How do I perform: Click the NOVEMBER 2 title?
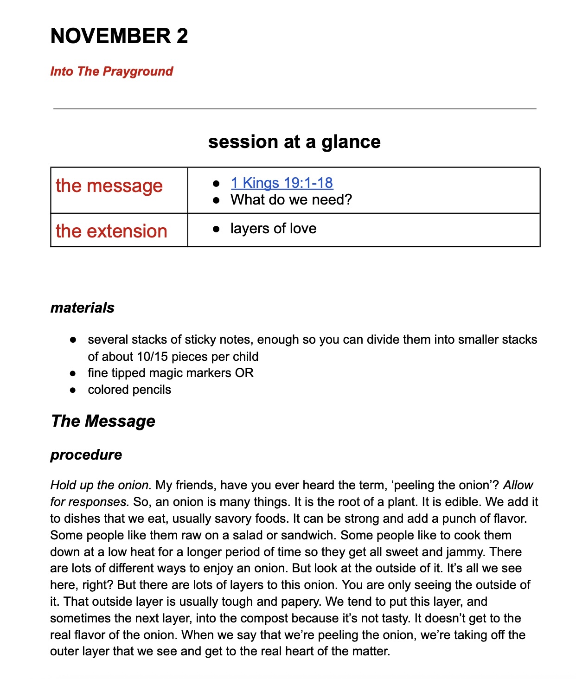coord(119,36)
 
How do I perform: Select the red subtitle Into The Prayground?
coord(111,71)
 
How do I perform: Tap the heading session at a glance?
coord(294,141)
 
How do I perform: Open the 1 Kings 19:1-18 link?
coord(282,183)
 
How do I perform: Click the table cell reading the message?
coord(109,186)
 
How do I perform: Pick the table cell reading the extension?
coord(111,231)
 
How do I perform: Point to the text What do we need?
coord(291,199)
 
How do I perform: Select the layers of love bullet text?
coord(273,228)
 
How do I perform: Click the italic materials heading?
coord(82,307)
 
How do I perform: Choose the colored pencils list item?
coord(129,390)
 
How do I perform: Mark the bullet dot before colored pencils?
coord(73,390)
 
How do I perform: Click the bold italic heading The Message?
coord(103,421)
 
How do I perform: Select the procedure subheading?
coord(86,455)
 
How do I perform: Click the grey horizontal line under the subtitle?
coord(295,109)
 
